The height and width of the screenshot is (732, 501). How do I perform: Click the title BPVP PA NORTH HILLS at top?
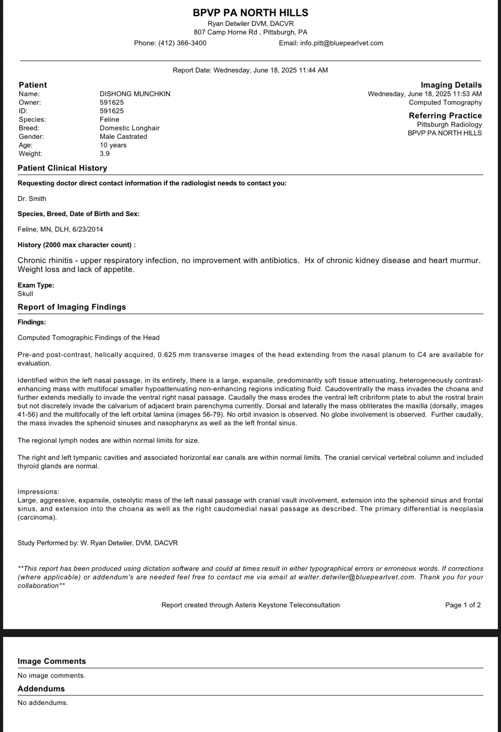[250, 13]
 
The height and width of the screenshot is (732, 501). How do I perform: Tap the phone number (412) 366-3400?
[182, 43]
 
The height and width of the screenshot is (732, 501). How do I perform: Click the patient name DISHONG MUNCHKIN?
[135, 94]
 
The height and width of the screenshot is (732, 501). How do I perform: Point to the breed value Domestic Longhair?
[129, 128]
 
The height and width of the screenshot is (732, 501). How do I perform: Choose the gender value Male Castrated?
[123, 137]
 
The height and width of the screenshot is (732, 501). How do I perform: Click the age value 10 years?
[113, 145]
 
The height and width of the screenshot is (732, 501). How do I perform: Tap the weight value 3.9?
[104, 154]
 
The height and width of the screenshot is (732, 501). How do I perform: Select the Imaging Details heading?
[451, 85]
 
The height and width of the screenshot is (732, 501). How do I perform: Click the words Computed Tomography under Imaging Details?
[445, 102]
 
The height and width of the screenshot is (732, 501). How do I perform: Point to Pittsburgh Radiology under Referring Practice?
[449, 125]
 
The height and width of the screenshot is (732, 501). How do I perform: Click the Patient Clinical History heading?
[62, 168]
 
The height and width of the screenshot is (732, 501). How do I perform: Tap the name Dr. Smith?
[32, 199]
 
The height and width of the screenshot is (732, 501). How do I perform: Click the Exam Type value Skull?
[25, 294]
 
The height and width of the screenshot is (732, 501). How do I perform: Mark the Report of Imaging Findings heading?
[72, 307]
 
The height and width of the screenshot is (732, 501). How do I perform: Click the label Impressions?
[38, 492]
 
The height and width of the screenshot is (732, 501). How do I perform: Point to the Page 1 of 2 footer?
[463, 605]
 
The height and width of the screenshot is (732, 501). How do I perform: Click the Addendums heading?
[41, 689]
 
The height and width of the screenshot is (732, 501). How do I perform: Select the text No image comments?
[51, 675]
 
